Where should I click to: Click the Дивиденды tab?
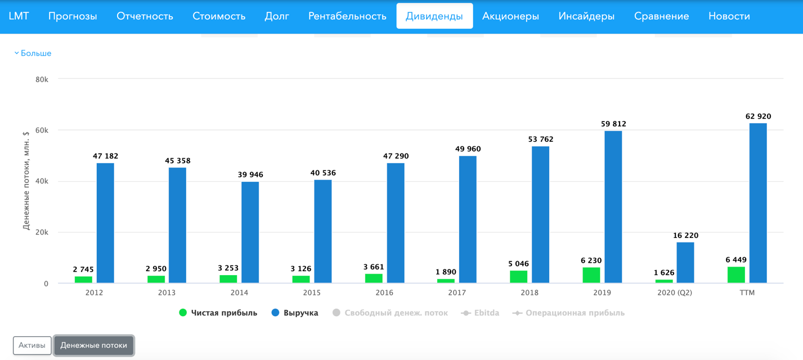click(434, 16)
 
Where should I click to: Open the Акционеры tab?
click(510, 16)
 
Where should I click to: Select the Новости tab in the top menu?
click(729, 16)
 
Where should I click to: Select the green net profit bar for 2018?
click(518, 277)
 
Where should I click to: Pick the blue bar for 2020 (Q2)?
click(685, 262)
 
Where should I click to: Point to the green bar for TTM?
click(736, 274)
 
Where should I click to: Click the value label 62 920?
click(758, 116)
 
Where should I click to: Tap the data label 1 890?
click(446, 272)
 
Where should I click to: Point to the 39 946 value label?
click(250, 175)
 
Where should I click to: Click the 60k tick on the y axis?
click(42, 130)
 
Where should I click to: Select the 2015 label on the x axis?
click(312, 293)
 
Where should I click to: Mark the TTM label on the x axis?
click(747, 293)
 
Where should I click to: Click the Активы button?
click(32, 345)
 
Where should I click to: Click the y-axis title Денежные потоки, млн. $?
click(26, 181)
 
